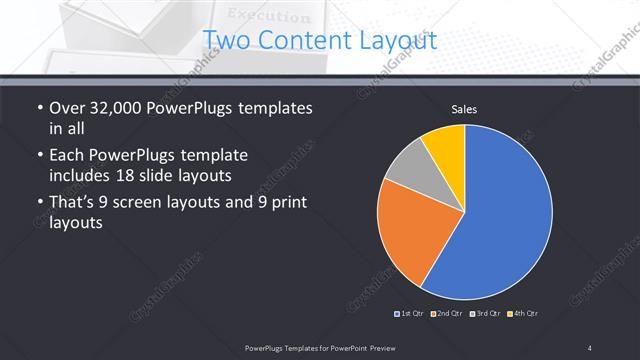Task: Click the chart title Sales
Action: (464, 108)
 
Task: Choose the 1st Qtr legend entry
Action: (411, 314)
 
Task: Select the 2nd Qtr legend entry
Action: (447, 314)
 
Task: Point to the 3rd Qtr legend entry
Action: (484, 314)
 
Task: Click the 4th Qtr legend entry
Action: (521, 314)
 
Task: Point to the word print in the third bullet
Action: (285, 203)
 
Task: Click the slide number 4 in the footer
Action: (590, 347)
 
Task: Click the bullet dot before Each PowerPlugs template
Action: (39, 156)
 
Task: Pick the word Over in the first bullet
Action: (67, 108)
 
